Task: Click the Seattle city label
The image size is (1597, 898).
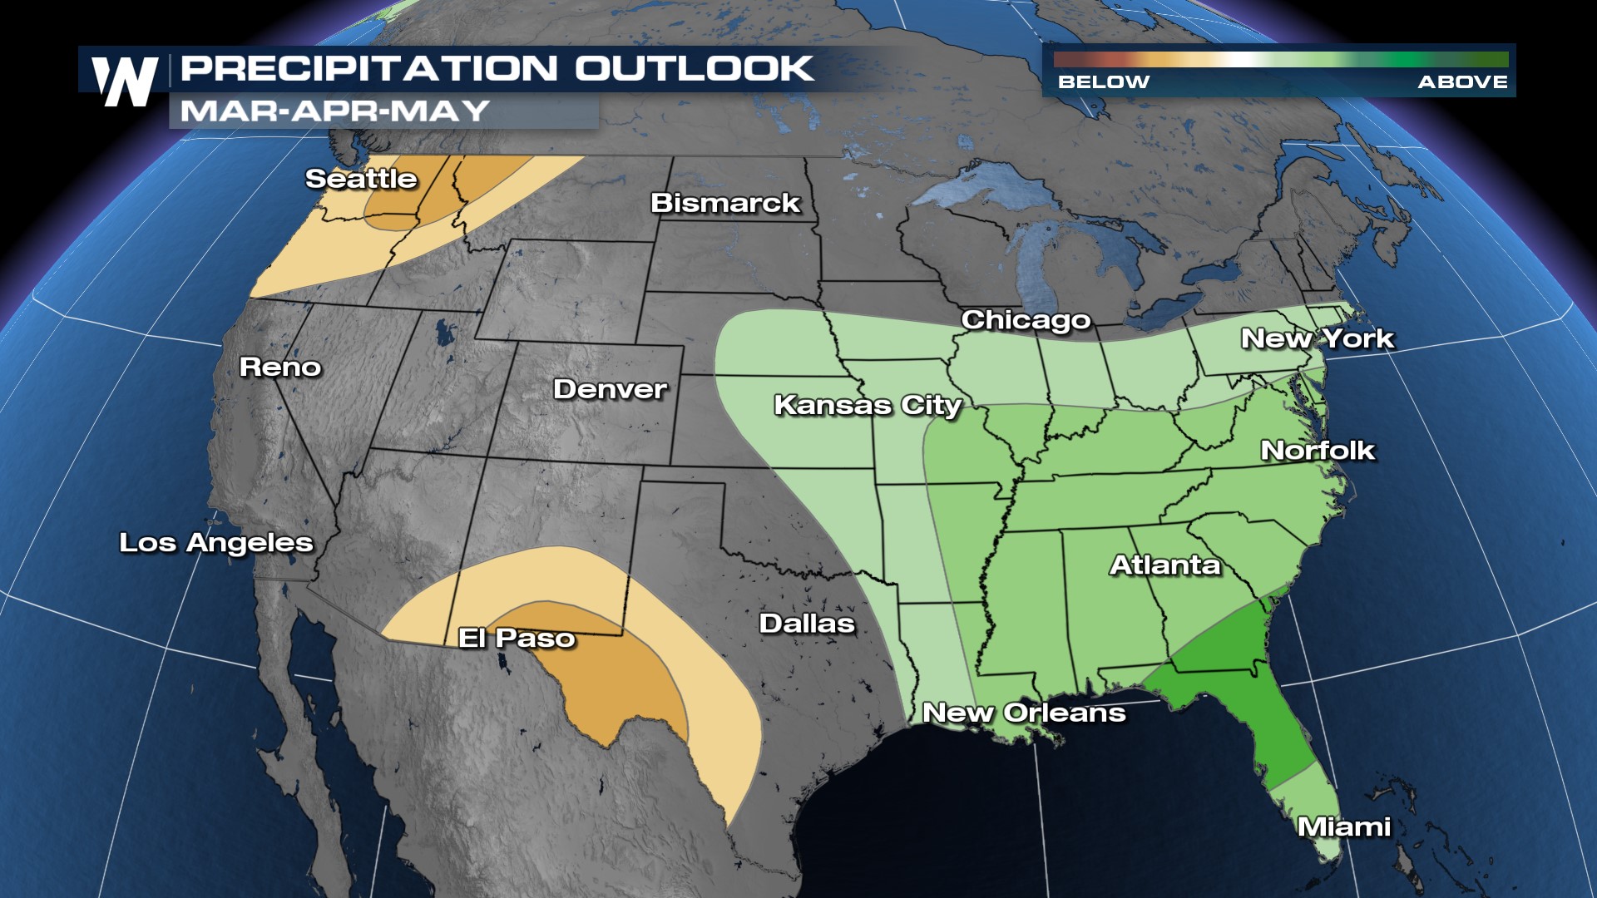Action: pos(361,179)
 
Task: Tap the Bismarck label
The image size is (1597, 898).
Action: pos(725,203)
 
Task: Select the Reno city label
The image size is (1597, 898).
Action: pos(280,367)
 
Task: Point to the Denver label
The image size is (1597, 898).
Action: pos(610,389)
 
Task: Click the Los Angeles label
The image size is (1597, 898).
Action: pos(216,543)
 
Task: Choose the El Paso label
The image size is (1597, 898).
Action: pos(517,638)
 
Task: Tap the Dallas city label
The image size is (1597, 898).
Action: pos(807,624)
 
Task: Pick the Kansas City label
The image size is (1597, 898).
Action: pos(868,405)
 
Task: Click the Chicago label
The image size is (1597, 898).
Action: pos(1026,320)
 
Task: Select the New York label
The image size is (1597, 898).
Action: pos(1317,338)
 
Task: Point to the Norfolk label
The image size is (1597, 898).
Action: pos(1318,451)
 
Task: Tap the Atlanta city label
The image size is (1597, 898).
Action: pos(1164,565)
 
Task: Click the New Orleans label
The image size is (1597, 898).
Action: pos(1024,713)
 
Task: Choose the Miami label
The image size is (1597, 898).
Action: pos(1344,826)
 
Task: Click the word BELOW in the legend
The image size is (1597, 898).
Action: pos(1103,82)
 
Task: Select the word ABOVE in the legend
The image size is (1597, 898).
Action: pos(1462,82)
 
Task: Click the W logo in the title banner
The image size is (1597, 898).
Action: pos(125,81)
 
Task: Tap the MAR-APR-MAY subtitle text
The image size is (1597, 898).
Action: pos(334,111)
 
